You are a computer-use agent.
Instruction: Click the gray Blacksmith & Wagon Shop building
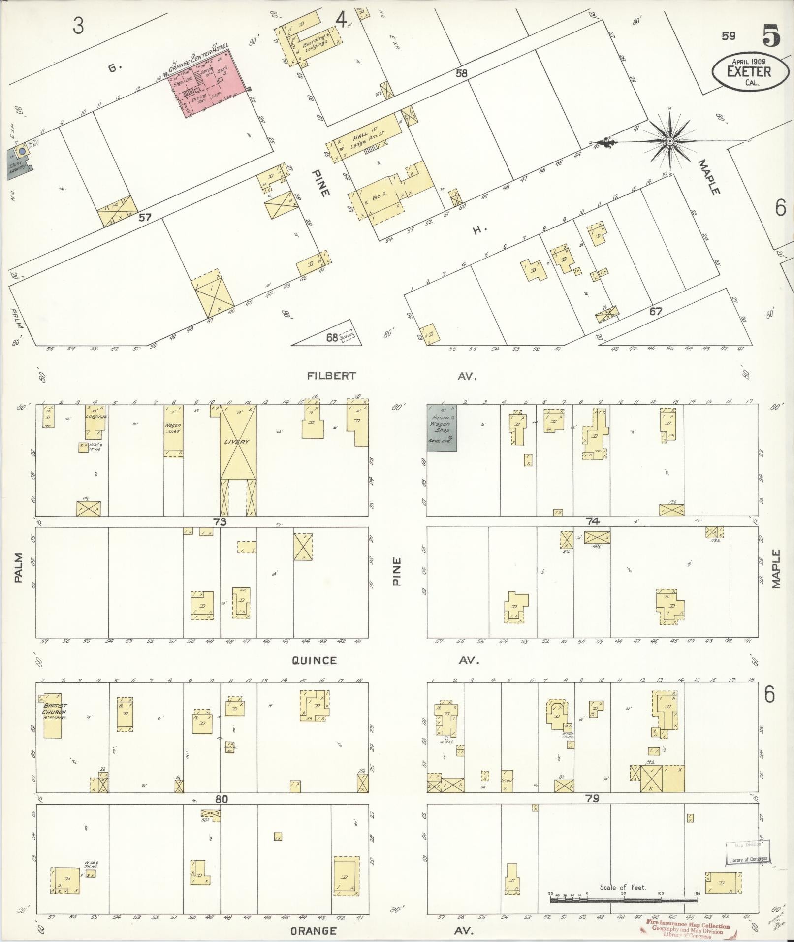point(442,427)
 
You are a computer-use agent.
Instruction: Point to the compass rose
point(669,141)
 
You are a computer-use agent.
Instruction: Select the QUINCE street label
point(314,661)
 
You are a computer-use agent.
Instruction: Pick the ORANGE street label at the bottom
point(313,931)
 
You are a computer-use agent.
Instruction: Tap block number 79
point(592,798)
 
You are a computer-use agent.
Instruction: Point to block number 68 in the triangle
point(332,338)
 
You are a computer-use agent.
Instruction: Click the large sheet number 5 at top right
point(771,36)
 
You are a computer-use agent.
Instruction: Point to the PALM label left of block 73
point(19,573)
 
